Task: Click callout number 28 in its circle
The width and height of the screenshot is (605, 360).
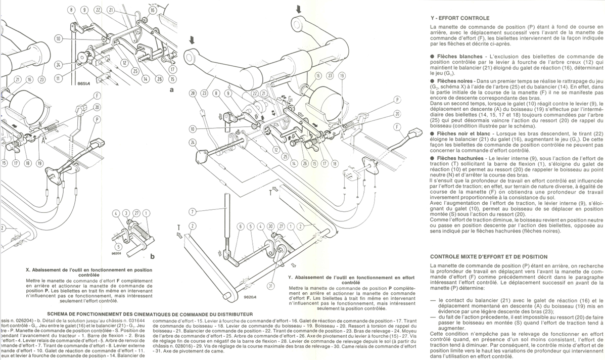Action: pyautogui.click(x=193, y=93)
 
